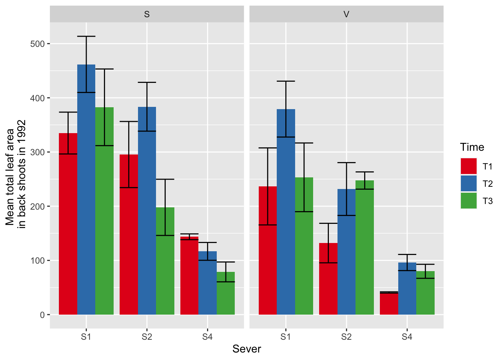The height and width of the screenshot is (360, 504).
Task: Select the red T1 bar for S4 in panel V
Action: tap(389, 303)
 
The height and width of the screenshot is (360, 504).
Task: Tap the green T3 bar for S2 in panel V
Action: tap(364, 247)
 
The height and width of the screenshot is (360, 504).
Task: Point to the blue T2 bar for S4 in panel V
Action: tap(407, 289)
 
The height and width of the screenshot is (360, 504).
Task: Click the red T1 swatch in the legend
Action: tap(468, 166)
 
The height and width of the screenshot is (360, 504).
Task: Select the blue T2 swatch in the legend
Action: tap(468, 183)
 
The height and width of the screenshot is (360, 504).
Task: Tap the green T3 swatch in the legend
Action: tap(468, 201)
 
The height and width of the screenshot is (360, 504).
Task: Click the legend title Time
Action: tap(472, 147)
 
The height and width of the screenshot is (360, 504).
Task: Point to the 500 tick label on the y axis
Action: tap(37, 44)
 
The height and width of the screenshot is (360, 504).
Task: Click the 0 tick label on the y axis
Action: tap(42, 315)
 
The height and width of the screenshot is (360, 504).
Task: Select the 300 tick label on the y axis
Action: tap(37, 152)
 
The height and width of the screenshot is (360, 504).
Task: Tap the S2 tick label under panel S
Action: tap(147, 337)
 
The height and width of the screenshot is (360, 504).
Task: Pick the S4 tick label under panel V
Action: tap(407, 337)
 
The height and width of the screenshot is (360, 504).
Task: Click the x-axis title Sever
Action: tap(246, 349)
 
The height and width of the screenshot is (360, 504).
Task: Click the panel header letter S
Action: tap(147, 14)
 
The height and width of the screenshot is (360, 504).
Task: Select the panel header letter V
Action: tap(346, 14)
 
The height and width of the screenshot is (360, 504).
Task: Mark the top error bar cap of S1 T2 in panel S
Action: tap(86, 36)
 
